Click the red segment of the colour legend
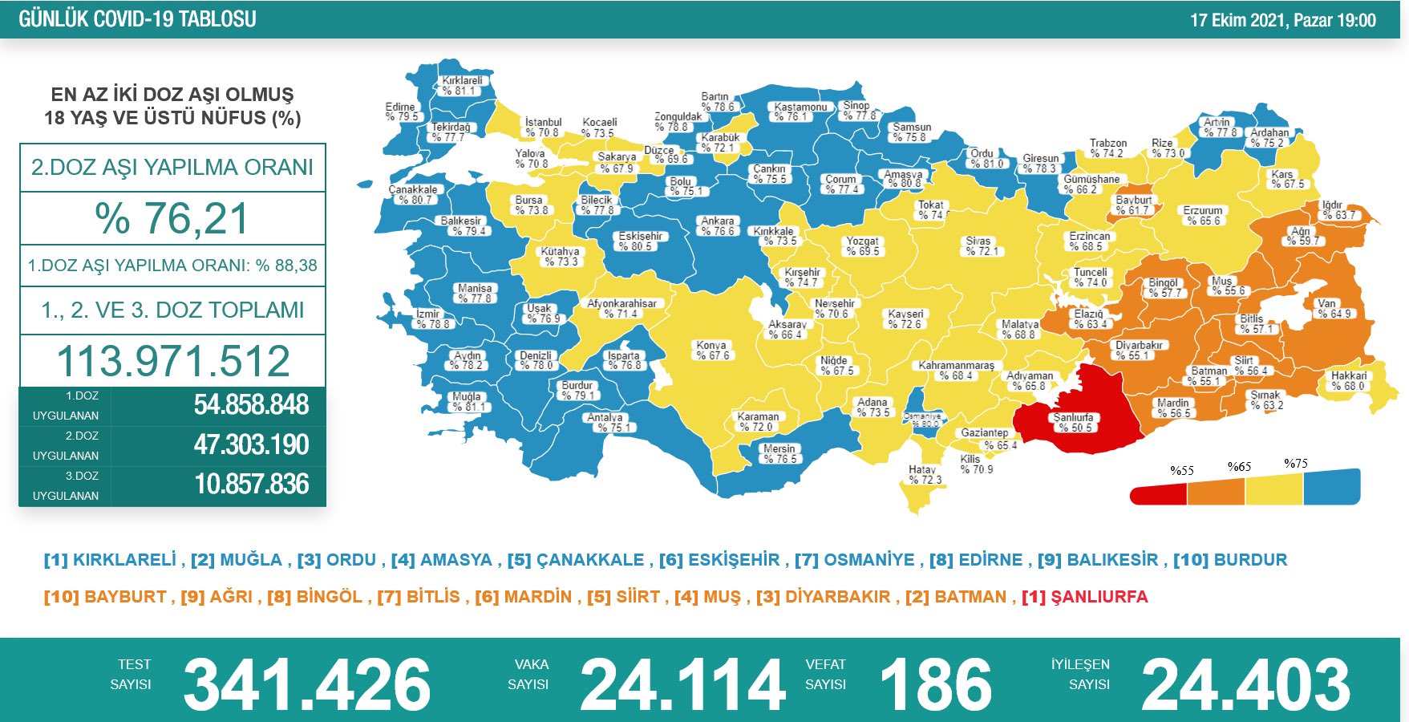[1158, 494]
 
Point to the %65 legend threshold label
[1239, 467]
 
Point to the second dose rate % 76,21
[172, 218]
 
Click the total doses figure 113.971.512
[172, 361]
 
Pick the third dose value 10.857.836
[251, 485]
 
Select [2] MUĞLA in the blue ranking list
[237, 560]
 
